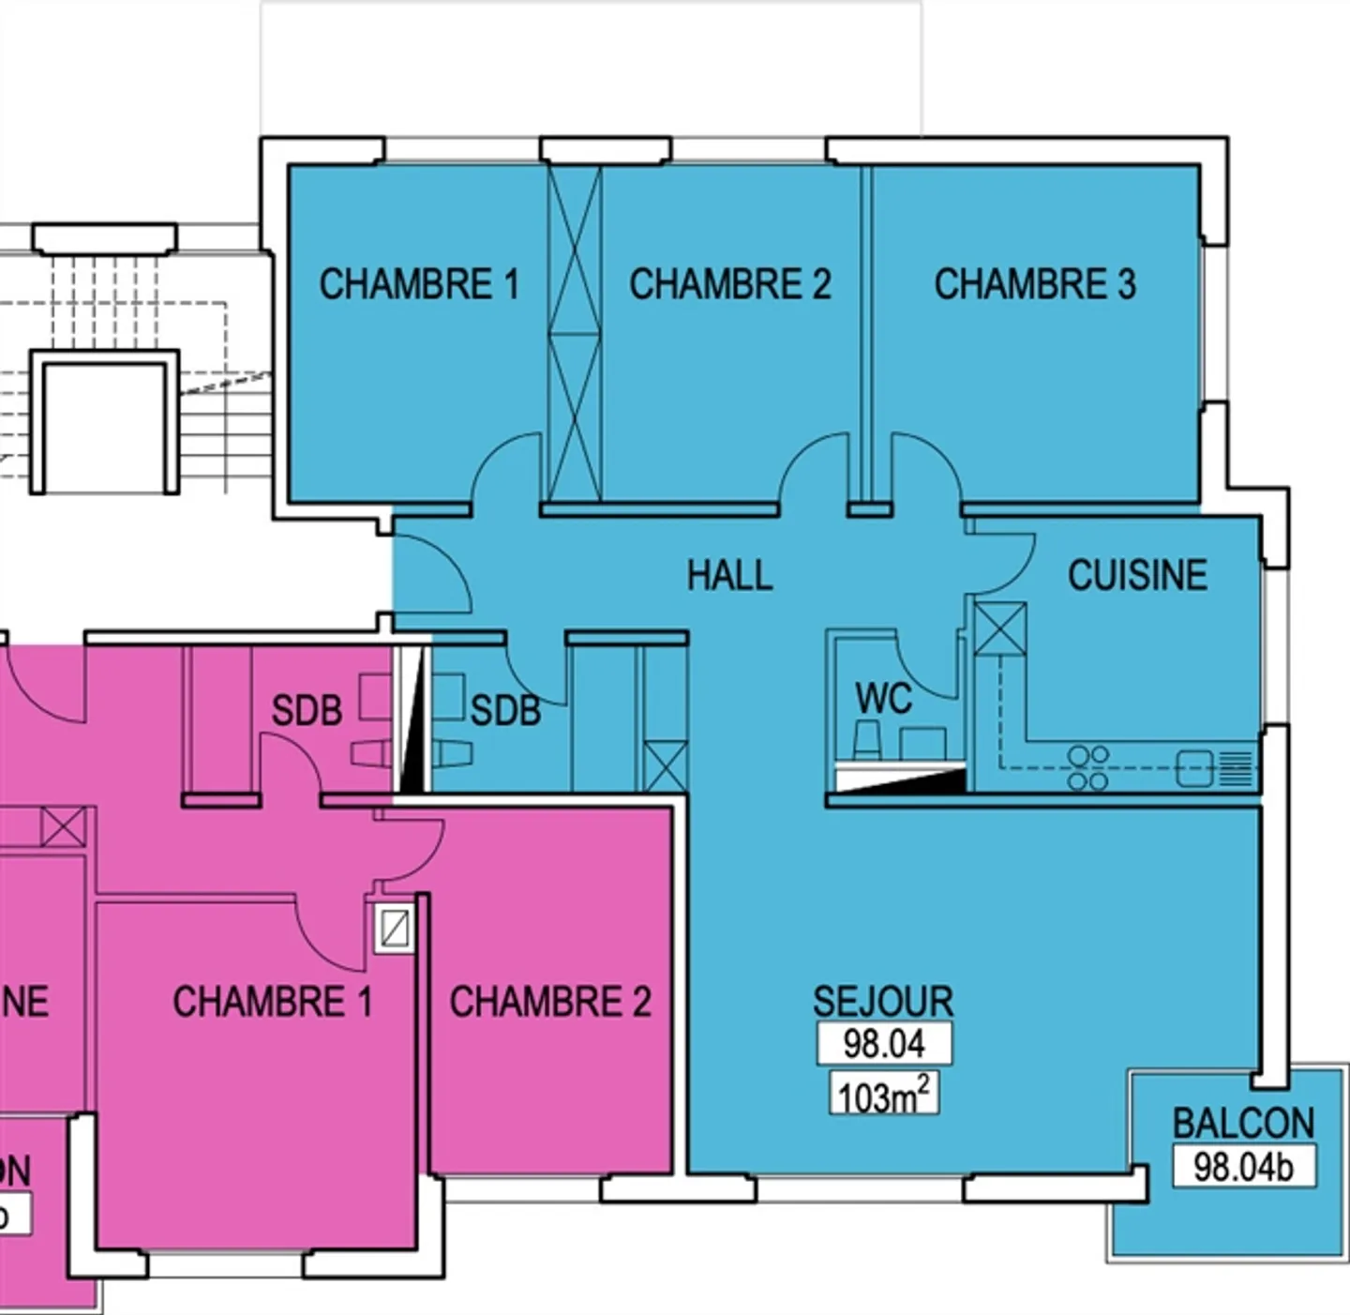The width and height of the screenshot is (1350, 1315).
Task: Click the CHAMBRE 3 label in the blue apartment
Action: pyautogui.click(x=1034, y=284)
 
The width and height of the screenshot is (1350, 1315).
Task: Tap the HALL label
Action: pyautogui.click(x=729, y=575)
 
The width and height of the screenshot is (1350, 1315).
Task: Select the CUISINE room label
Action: pyautogui.click(x=1137, y=575)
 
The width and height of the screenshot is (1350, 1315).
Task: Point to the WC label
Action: pyautogui.click(x=883, y=699)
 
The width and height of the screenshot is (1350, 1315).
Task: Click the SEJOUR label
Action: pyautogui.click(x=883, y=1002)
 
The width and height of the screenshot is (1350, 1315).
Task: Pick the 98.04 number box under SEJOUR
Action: pyautogui.click(x=884, y=1043)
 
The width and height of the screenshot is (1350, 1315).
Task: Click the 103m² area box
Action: pyautogui.click(x=884, y=1095)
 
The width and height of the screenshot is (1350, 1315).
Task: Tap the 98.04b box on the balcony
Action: pyautogui.click(x=1243, y=1167)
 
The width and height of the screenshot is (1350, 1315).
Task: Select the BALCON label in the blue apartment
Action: pyautogui.click(x=1243, y=1123)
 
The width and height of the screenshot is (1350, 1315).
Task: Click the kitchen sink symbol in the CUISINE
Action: pyautogui.click(x=1194, y=768)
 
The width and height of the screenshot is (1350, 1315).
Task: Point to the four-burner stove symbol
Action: pyautogui.click(x=1087, y=767)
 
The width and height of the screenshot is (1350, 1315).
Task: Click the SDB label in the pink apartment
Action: pyautogui.click(x=307, y=710)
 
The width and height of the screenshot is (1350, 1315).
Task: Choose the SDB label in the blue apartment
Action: pyautogui.click(x=505, y=710)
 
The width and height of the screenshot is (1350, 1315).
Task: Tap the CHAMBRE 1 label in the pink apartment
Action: pyautogui.click(x=272, y=1002)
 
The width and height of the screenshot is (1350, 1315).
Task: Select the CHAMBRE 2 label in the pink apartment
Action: pyautogui.click(x=550, y=1002)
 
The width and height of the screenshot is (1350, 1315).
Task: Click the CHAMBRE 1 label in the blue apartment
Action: pyautogui.click(x=419, y=284)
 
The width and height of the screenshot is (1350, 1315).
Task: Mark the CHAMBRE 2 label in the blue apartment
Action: pyautogui.click(x=729, y=284)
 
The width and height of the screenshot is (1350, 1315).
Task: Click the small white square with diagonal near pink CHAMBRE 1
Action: pyautogui.click(x=395, y=928)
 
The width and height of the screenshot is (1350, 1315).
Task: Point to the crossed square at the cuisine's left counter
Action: pyautogui.click(x=1000, y=628)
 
